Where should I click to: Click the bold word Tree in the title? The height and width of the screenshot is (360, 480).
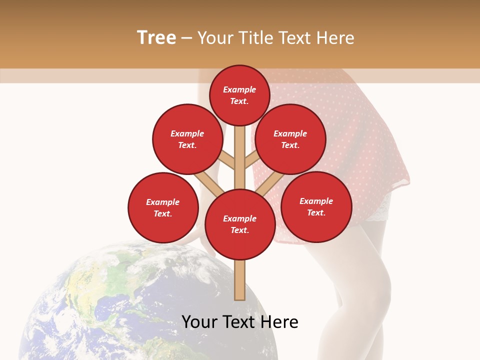(x=156, y=37)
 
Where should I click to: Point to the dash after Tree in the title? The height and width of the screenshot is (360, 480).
(x=187, y=38)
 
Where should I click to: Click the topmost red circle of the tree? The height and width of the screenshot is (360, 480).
(x=239, y=95)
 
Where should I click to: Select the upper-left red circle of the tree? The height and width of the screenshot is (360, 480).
(x=187, y=139)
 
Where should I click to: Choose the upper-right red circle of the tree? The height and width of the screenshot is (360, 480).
(x=290, y=139)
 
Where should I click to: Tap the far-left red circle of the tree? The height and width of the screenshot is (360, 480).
(x=163, y=207)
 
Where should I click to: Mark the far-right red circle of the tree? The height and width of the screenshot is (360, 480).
(x=316, y=206)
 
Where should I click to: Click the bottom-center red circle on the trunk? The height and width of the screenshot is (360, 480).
(x=240, y=224)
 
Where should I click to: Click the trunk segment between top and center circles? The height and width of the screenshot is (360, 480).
(x=240, y=157)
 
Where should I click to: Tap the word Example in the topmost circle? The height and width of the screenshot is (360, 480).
(x=239, y=89)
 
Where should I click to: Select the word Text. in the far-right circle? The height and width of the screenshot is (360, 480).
(x=316, y=212)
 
